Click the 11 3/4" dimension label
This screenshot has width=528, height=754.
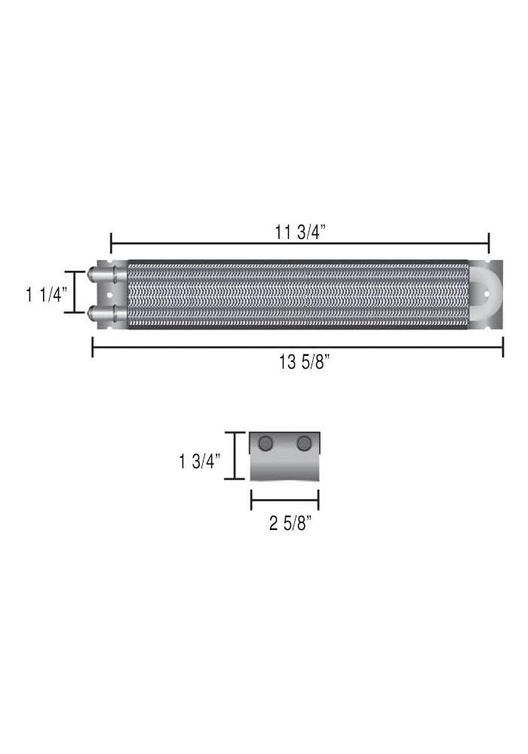tap(300, 232)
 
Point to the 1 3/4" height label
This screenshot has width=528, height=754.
tap(200, 461)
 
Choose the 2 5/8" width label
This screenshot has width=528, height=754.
tap(290, 523)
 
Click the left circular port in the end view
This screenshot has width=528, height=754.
tap(265, 443)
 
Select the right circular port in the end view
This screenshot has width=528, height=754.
tap(304, 443)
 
